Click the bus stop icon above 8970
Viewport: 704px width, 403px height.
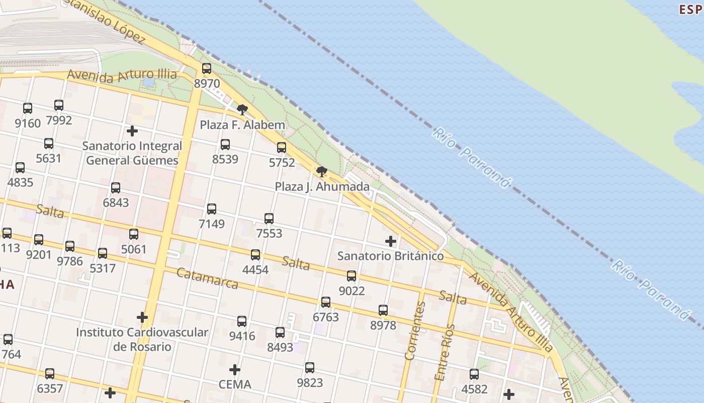click(207, 69)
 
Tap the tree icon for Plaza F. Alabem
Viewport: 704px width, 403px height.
click(242, 109)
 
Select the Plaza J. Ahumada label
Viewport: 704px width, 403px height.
click(322, 187)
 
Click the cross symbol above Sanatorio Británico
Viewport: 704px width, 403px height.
click(391, 241)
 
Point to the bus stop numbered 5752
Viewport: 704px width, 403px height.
click(282, 148)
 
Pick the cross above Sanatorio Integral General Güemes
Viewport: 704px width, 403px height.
click(132, 131)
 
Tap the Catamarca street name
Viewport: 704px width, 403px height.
click(208, 279)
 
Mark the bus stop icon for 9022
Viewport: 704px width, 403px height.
click(351, 276)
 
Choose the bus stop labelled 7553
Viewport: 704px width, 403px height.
click(269, 219)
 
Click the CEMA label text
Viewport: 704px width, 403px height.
click(235, 385)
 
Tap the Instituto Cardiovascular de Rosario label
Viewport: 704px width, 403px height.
click(142, 340)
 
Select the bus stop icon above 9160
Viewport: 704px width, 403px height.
click(28, 108)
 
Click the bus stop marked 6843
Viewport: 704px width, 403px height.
click(116, 188)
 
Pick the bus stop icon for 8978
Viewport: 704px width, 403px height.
click(383, 310)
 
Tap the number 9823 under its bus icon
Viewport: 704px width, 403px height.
click(310, 383)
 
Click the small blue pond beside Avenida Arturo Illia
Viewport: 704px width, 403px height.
click(149, 82)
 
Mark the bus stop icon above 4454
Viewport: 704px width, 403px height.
click(255, 255)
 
